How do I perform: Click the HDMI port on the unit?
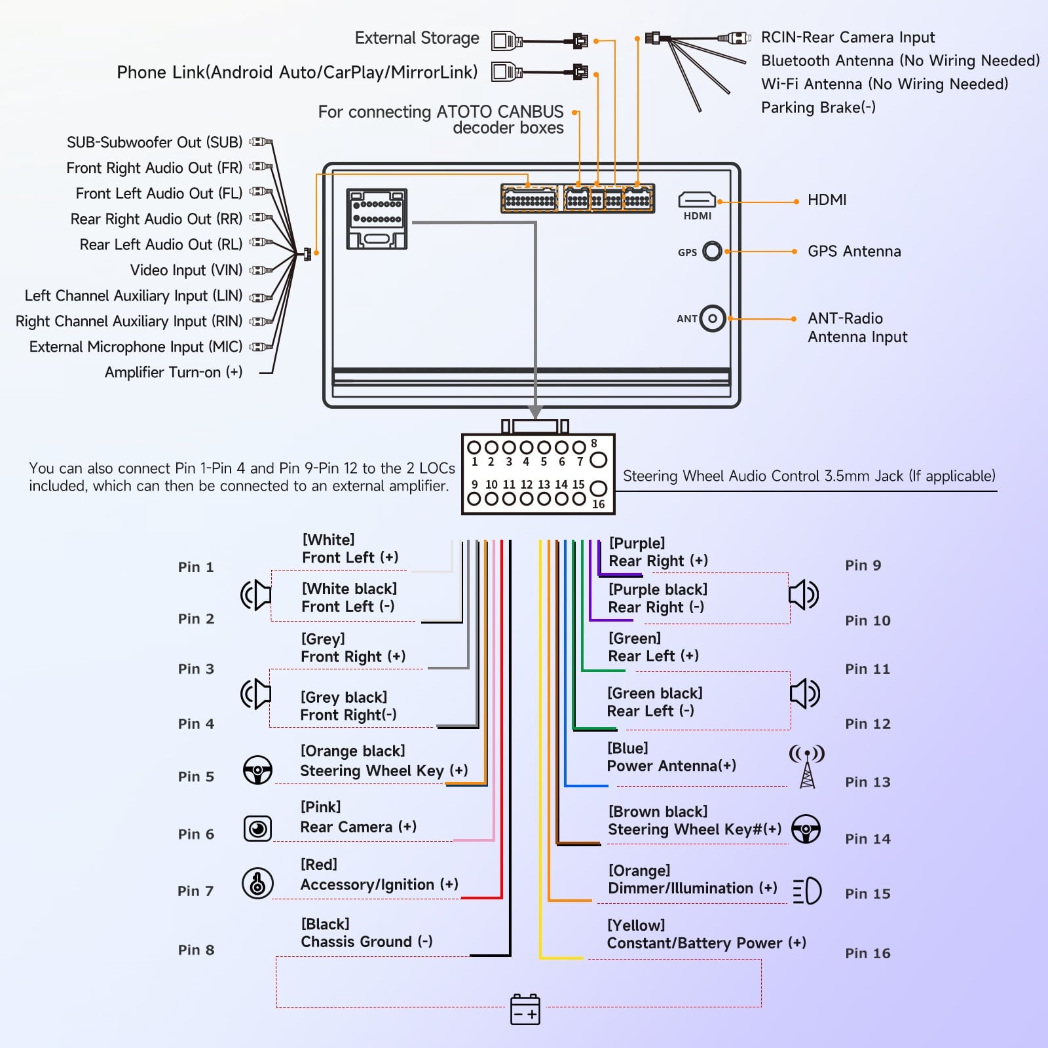coord(697,199)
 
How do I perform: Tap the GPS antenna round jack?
coord(712,251)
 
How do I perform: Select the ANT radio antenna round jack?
coord(713,319)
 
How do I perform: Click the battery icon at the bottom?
coord(525,1009)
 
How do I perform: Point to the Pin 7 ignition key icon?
coord(257,883)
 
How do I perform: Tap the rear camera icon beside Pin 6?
coord(257,829)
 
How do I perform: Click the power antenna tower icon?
coord(807,766)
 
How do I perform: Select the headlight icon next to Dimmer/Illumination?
coord(807,891)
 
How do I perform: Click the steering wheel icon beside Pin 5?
coord(257,770)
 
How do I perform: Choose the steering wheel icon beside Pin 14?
coord(806,829)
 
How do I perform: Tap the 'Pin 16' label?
coord(867,953)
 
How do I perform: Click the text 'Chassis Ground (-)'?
coord(367,942)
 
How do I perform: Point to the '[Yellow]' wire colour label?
coord(635,925)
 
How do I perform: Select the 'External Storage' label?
coord(417,38)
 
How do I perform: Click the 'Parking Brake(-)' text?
coord(818,107)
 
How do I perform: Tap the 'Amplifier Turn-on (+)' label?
coord(174,372)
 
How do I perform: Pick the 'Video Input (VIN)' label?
coord(186,270)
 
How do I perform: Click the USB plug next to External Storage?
coord(506,41)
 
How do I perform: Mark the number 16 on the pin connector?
coord(598,504)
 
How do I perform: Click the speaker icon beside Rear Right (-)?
coord(804,595)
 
